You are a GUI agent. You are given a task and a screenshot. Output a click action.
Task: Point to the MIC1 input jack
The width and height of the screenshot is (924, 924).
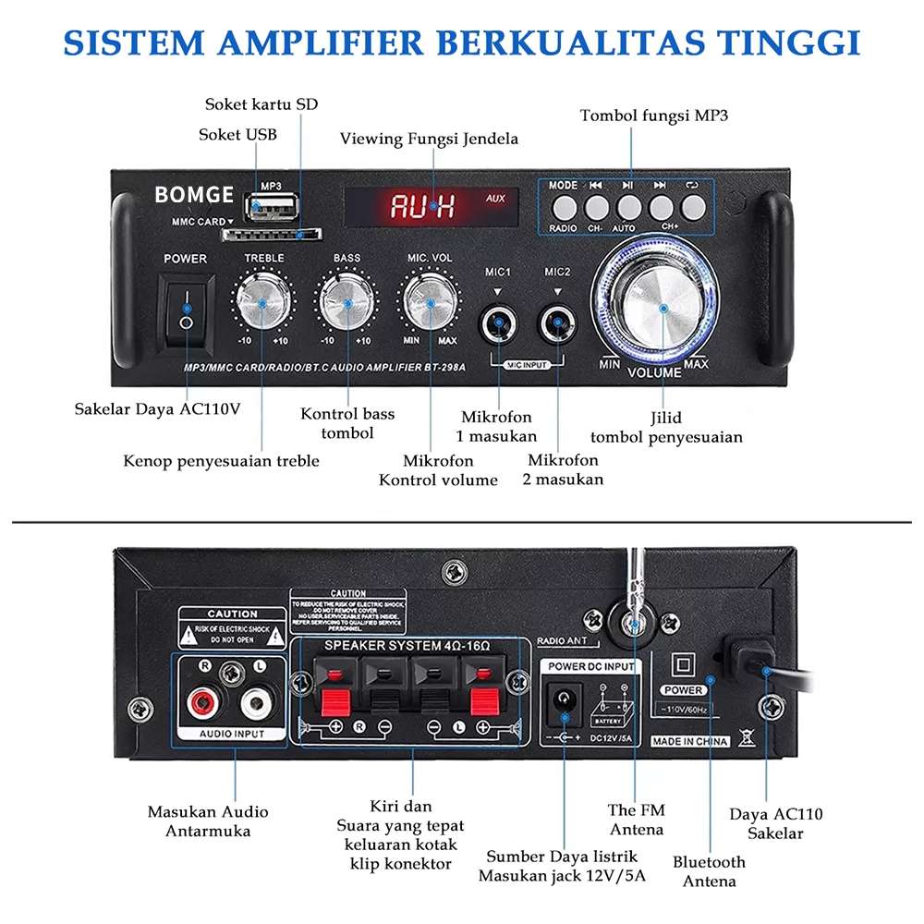click(x=500, y=324)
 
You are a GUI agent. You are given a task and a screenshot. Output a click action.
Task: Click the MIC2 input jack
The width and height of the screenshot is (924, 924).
click(x=558, y=324)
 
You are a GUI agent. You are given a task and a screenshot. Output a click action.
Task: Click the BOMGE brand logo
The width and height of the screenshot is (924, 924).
click(x=194, y=195)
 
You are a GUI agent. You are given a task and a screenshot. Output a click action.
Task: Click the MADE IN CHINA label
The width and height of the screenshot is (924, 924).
click(x=690, y=741)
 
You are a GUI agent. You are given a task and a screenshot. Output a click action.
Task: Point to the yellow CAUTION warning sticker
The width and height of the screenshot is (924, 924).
click(x=232, y=626)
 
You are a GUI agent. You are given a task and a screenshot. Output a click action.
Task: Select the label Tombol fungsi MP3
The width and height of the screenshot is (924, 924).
click(x=654, y=115)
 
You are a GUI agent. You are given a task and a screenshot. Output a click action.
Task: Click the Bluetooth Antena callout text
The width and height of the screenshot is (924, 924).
click(x=709, y=871)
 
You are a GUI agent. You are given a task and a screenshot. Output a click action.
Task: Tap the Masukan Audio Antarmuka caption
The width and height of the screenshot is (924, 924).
click(x=208, y=821)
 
